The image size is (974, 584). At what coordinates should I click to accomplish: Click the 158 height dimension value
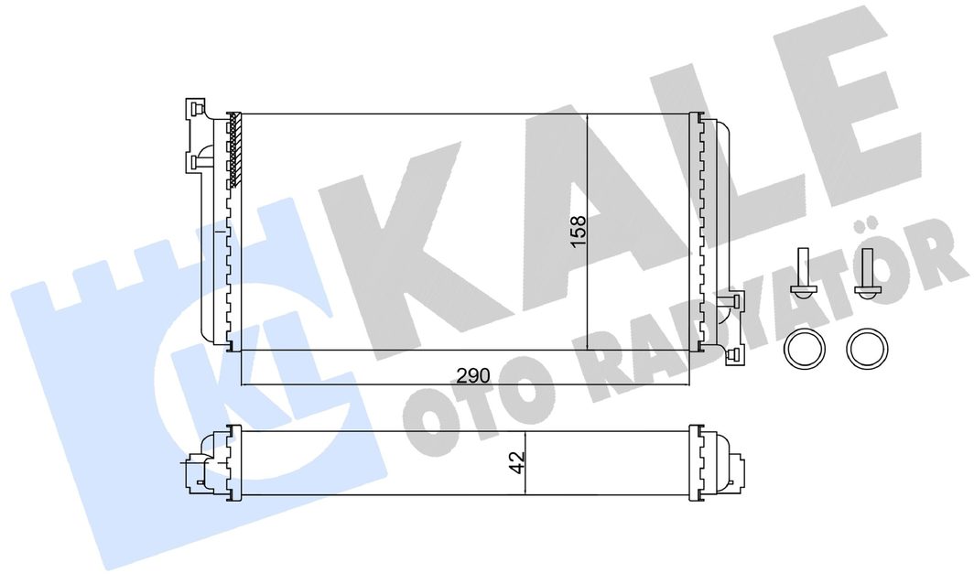point(579,231)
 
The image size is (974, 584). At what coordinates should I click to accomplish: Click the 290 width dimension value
point(473,375)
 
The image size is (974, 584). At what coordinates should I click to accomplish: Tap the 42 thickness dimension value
point(517,462)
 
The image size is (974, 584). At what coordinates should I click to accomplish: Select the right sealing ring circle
point(868,348)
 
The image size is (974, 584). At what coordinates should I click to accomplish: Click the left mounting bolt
point(803,274)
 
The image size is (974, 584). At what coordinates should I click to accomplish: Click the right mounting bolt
point(867,274)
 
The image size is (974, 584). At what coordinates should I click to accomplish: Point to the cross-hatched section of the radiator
point(234,150)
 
